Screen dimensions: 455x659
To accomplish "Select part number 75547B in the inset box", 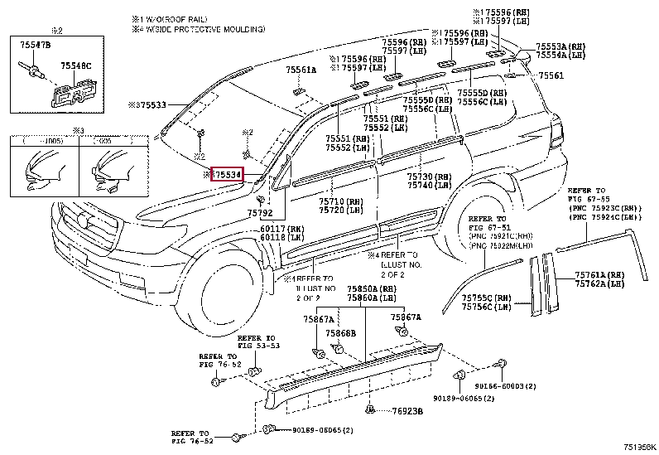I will tap(34, 43).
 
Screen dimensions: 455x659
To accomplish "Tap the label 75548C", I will tap(75, 65).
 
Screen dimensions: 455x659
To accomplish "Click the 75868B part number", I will tap(340, 333).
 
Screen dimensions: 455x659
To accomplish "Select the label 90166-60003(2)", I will tap(506, 386).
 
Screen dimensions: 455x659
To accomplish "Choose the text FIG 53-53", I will tap(257, 346).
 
